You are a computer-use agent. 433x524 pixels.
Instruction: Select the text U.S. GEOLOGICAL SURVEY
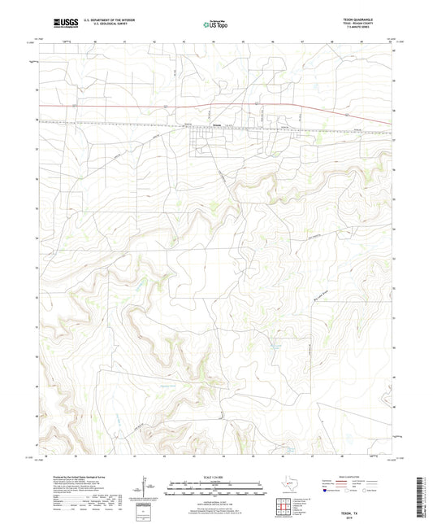coord(110,24)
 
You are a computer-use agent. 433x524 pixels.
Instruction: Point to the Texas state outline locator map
coord(289,488)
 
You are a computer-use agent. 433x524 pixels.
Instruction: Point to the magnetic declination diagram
coord(145,491)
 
